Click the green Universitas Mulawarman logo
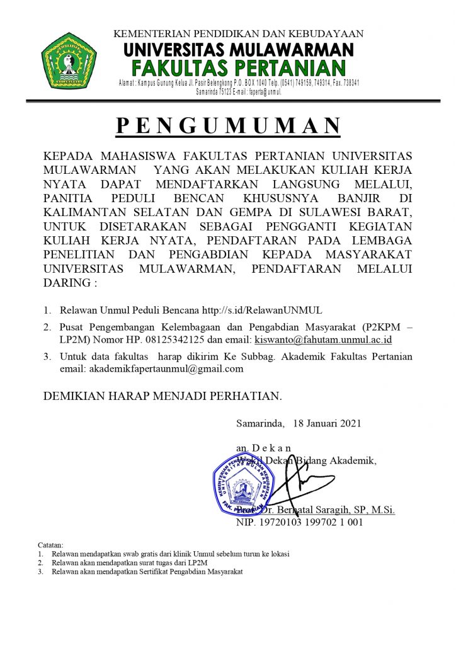(69, 60)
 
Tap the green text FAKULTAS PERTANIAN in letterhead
(239, 67)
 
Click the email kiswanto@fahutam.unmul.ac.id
(323, 340)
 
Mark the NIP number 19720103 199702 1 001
(308, 522)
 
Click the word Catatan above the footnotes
(50, 545)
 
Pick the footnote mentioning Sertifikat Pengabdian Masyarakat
(147, 571)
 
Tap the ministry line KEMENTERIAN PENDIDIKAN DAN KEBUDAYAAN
(238, 34)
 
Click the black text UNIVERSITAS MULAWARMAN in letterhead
(238, 49)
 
